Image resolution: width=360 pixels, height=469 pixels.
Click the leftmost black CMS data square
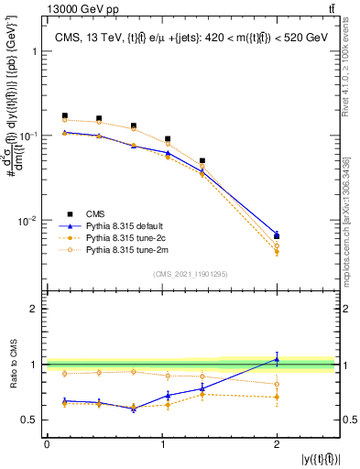pyautogui.click(x=64, y=116)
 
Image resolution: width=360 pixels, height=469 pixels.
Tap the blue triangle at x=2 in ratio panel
pyautogui.click(x=277, y=359)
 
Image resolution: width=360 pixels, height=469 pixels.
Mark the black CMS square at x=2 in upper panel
pyautogui.click(x=277, y=236)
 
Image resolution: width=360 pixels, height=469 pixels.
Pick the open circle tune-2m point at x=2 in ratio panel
pyautogui.click(x=277, y=384)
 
